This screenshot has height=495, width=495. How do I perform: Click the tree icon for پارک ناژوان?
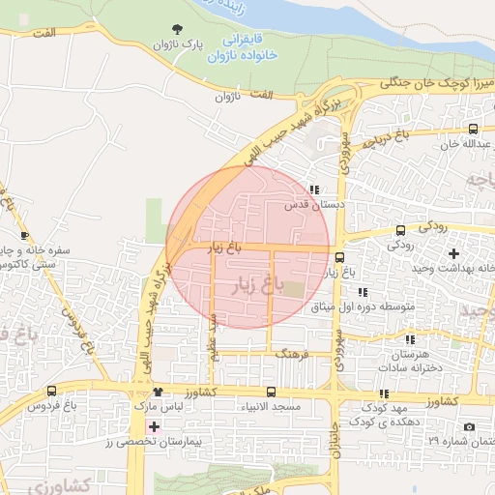(176, 30)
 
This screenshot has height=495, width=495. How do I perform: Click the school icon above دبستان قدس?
(313, 189)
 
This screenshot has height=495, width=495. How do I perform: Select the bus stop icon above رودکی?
(400, 229)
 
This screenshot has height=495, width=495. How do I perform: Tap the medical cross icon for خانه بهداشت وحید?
(453, 253)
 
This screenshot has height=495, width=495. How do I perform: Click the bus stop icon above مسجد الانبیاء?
(270, 393)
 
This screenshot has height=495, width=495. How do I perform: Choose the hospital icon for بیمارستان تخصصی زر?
(153, 426)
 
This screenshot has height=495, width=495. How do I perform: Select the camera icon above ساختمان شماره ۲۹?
(470, 427)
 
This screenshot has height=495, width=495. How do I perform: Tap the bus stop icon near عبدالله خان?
(472, 129)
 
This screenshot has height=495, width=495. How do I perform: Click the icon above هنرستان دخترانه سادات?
(410, 339)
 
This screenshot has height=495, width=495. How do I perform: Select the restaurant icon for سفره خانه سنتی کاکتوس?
(24, 235)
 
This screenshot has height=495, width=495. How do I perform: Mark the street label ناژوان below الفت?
(225, 97)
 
